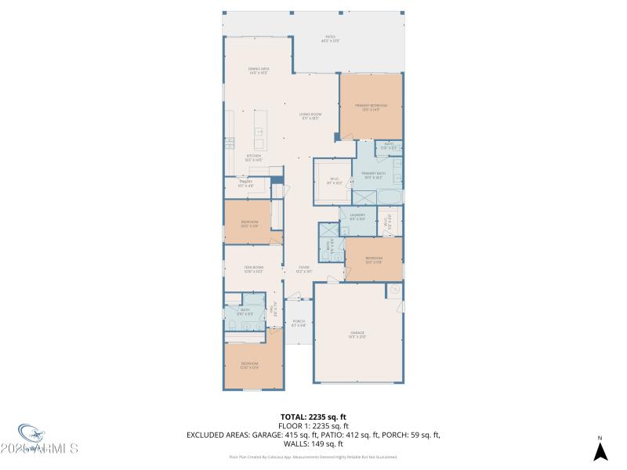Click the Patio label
click(330, 38)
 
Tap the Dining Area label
click(259, 71)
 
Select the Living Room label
click(309, 117)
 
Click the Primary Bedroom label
click(371, 107)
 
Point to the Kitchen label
click(253, 158)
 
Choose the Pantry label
click(245, 184)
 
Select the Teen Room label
click(252, 270)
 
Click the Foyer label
click(303, 269)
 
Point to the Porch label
click(299, 323)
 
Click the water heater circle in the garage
click(396, 290)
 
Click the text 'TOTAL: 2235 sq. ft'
click(313, 417)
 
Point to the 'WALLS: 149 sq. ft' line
click(313, 443)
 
